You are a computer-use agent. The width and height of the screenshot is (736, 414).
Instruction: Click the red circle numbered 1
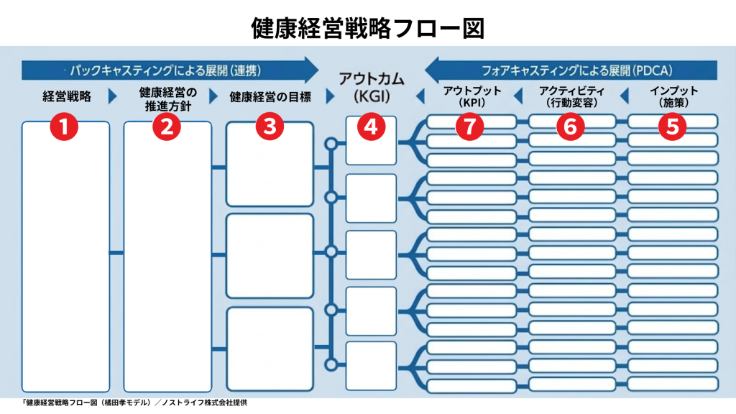[64, 126]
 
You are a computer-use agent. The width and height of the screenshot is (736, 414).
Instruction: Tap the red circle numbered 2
[167, 126]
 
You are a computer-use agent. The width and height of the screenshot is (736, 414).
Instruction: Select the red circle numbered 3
[270, 126]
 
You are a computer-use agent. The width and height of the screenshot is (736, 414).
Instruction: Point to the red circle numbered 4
[372, 126]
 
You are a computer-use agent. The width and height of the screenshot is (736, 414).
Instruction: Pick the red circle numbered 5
[672, 126]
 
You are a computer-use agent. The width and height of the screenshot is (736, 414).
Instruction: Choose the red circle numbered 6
[570, 126]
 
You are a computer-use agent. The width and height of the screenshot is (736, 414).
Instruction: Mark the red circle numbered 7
[469, 126]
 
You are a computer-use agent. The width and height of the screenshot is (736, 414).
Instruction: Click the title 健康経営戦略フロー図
[367, 28]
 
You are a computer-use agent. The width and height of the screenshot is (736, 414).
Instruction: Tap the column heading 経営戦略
[67, 97]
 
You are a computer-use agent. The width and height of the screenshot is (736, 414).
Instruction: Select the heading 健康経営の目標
[270, 97]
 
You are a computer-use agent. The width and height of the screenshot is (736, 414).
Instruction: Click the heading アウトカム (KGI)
[372, 87]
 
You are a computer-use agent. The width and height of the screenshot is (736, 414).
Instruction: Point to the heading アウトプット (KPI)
[472, 96]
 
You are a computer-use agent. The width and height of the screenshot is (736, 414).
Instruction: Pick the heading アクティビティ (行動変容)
[571, 96]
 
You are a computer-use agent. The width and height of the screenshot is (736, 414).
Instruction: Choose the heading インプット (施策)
[673, 96]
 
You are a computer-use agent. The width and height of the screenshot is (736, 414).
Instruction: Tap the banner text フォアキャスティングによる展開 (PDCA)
[577, 71]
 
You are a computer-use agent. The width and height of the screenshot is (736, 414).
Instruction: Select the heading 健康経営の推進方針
[167, 99]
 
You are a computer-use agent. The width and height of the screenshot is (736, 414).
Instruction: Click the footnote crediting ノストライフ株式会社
[134, 402]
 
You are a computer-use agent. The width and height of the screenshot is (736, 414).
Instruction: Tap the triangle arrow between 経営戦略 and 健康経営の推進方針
[112, 96]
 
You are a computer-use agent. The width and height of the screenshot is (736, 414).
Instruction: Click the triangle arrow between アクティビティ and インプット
[625, 96]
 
